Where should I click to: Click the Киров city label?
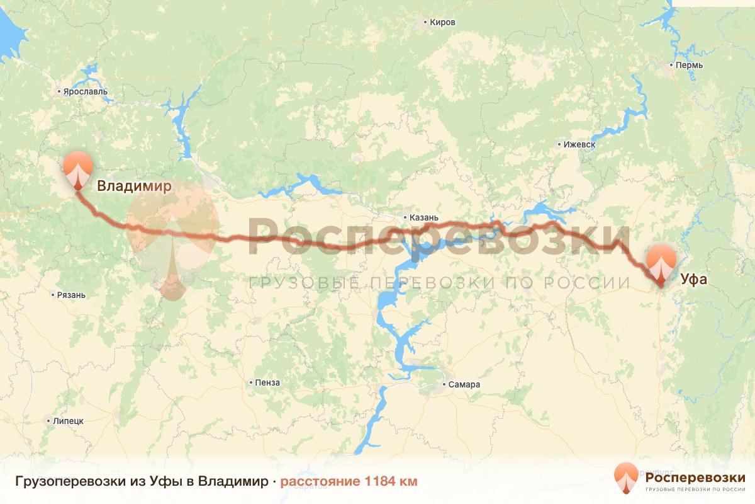click(x=443, y=23)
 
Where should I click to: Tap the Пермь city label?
click(x=690, y=66)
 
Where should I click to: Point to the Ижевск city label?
click(x=579, y=144)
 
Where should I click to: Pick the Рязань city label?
click(x=71, y=295)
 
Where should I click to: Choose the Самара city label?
click(x=465, y=384)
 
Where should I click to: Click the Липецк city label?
click(x=68, y=421)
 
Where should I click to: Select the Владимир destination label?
click(x=134, y=186)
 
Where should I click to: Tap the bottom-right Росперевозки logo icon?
click(x=627, y=478)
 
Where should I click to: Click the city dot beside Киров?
click(x=426, y=23)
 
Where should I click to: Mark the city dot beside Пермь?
click(x=672, y=66)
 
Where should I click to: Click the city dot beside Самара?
click(x=444, y=384)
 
